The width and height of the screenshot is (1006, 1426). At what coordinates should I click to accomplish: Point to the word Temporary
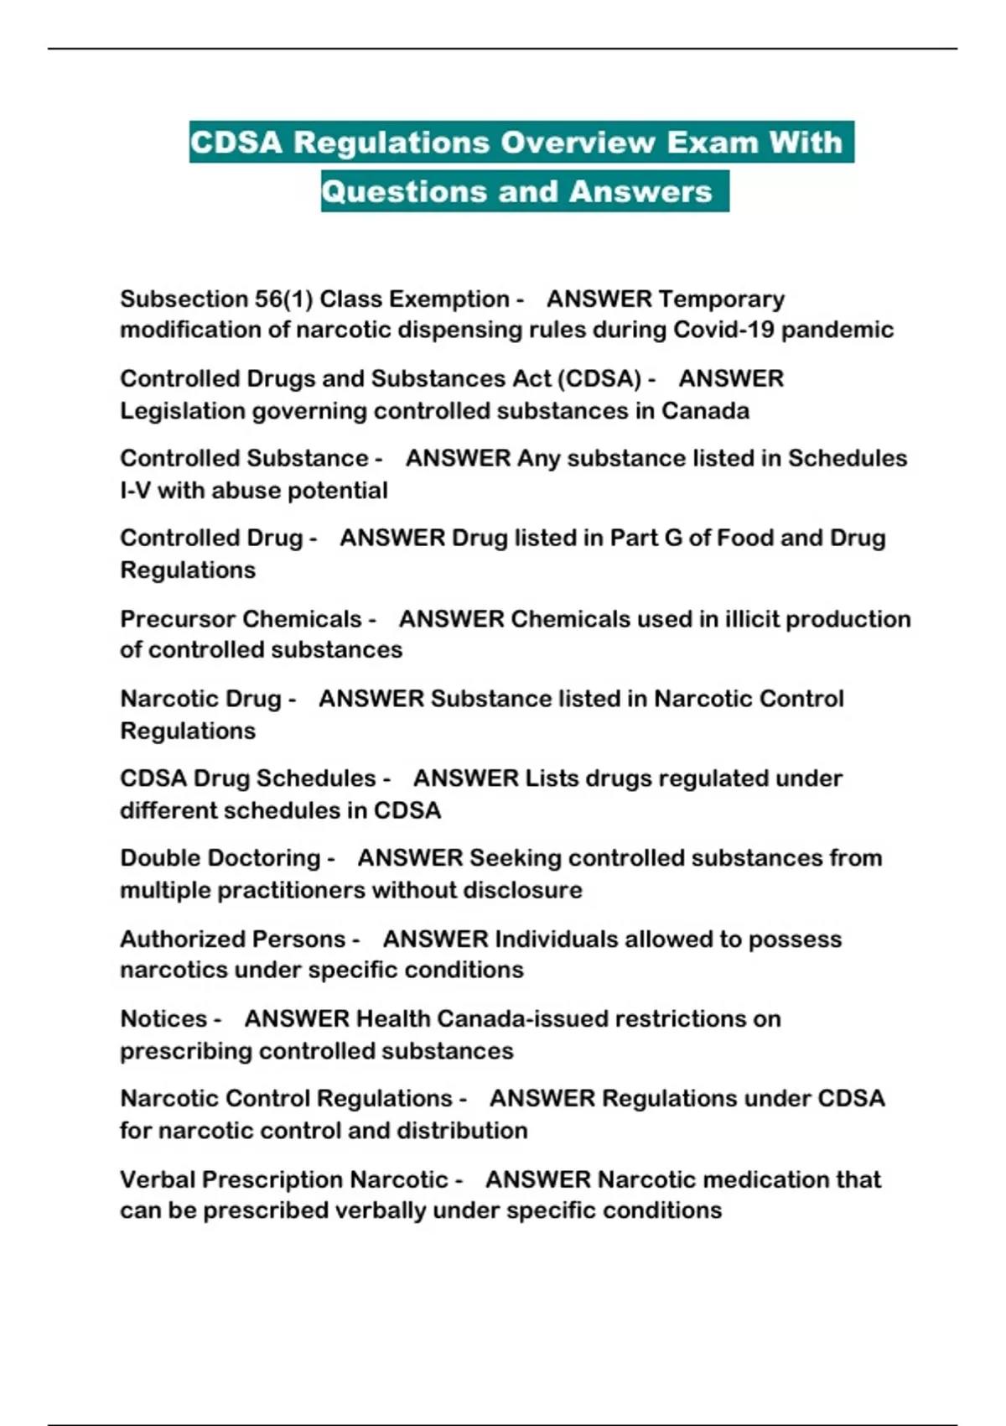pyautogui.click(x=722, y=299)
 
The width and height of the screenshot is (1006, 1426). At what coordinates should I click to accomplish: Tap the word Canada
pyautogui.click(x=705, y=411)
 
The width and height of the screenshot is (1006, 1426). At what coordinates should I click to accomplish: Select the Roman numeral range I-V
pyautogui.click(x=135, y=491)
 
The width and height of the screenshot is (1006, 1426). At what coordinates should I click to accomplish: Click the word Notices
pyautogui.click(x=163, y=1019)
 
